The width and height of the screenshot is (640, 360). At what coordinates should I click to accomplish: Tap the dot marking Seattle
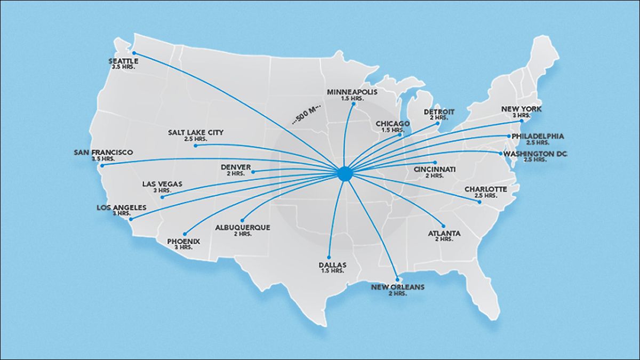pos(134,53)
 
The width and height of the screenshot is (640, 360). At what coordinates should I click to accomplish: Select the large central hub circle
pos(345,173)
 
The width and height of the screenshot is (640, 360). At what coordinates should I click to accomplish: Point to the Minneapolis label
pos(352,92)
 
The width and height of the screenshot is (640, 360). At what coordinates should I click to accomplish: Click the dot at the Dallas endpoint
pos(329,257)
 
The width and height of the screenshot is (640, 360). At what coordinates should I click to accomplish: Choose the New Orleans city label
pos(398,287)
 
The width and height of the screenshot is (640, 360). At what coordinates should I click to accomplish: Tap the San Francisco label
pos(103,153)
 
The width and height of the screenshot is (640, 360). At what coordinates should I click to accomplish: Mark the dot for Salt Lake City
pos(196,145)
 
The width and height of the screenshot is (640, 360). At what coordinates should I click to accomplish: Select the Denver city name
pos(236,167)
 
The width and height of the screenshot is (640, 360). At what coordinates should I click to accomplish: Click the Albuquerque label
pos(243,227)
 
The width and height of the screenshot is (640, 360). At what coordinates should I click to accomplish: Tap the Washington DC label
pos(540,154)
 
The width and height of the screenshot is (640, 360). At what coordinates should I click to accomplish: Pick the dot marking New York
pos(521,122)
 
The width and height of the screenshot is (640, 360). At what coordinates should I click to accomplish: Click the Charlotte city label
pos(485,189)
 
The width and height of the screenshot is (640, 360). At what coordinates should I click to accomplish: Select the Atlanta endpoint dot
pos(443,226)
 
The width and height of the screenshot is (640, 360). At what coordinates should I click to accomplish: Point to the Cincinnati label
pos(435,170)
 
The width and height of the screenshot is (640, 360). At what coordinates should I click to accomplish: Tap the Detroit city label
pos(439,112)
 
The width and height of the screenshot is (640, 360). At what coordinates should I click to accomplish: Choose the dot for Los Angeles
pos(131,219)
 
